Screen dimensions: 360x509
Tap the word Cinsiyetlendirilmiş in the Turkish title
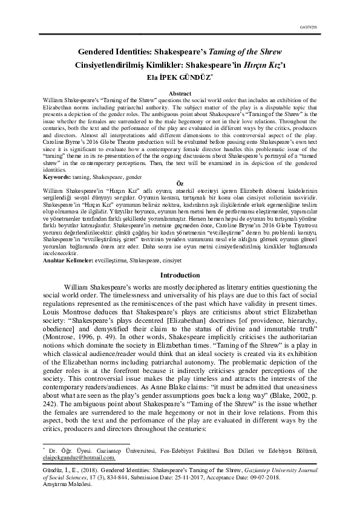pyautogui.click(x=110, y=66)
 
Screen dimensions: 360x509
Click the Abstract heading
pyautogui.click(x=179, y=92)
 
